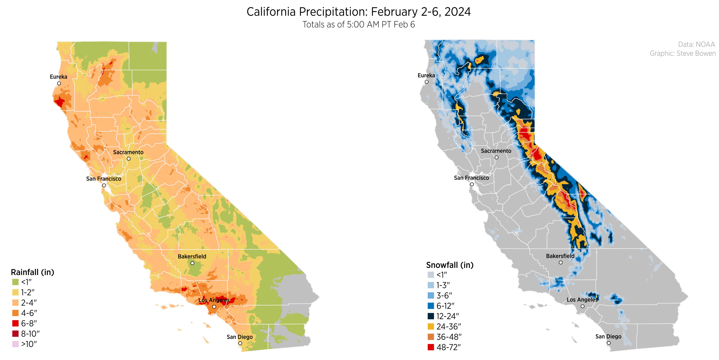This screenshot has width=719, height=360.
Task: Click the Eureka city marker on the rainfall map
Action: click(59, 83)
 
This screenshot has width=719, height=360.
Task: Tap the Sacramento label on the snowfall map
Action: click(496, 151)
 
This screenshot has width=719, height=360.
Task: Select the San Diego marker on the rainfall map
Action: click(240, 343)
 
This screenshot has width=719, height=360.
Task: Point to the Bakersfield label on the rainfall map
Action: click(192, 256)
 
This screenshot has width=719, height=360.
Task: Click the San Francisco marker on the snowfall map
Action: click(472, 184)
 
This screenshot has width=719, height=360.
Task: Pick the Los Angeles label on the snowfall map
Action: click(582, 300)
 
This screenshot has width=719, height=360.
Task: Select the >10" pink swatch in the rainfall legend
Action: click(15, 344)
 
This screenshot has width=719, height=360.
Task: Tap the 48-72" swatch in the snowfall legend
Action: click(431, 347)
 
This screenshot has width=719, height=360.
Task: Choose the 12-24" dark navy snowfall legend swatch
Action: click(431, 316)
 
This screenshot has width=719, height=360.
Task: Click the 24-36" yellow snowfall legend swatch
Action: click(431, 326)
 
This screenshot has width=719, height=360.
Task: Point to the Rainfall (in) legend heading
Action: click(32, 272)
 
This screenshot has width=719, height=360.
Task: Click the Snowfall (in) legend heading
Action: click(450, 265)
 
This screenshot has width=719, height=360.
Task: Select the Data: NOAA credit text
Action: click(696, 44)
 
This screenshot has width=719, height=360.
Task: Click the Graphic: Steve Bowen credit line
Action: click(682, 53)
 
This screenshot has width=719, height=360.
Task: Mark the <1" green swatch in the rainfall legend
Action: click(15, 282)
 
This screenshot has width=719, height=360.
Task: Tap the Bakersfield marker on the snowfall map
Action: click(560, 262)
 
